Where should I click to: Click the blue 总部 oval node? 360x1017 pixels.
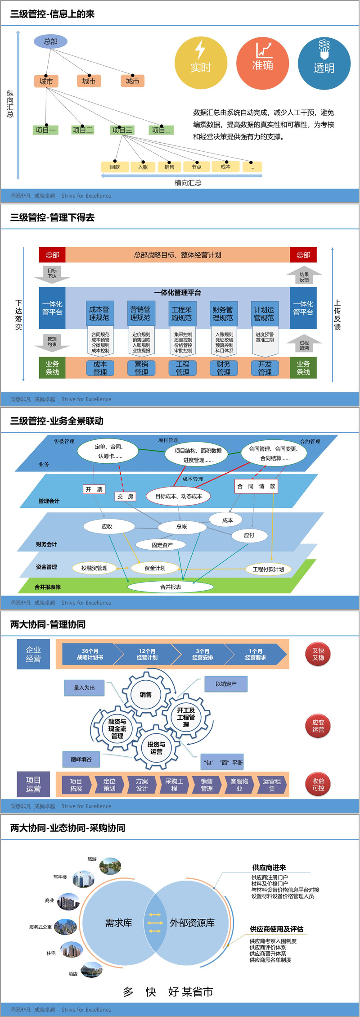tap(50, 41)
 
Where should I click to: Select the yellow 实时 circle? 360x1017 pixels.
tap(201, 63)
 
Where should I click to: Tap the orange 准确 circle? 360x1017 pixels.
tap(262, 63)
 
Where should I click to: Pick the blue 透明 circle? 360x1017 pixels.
tap(324, 63)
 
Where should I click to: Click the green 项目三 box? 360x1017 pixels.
tap(122, 130)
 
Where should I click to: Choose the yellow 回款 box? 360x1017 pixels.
tap(115, 167)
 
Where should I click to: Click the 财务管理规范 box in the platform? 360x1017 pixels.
tap(223, 314)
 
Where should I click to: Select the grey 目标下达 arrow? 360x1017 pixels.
tap(52, 273)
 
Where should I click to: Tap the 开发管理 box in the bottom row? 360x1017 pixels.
tap(265, 368)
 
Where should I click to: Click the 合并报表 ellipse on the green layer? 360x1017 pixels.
tap(171, 587)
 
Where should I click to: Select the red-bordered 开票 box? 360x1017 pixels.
tap(94, 489)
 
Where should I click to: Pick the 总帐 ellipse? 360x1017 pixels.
tap(181, 526)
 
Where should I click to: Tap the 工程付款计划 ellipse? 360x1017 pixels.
tap(268, 569)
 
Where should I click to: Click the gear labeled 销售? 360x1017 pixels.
tap(146, 695)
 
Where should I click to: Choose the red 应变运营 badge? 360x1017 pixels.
tap(318, 726)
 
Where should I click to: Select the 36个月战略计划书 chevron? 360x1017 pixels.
tap(90, 654)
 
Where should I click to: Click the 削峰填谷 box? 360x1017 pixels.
tap(81, 759)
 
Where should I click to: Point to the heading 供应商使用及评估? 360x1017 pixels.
tap(276, 929)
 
